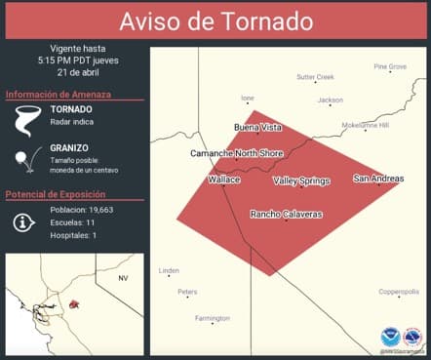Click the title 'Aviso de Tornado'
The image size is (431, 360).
click(x=215, y=21)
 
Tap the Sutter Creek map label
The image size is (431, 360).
click(x=315, y=76)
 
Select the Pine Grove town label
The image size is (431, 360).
click(x=390, y=66)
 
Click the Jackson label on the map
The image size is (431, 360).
click(x=330, y=100)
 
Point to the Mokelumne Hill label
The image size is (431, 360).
click(x=365, y=125)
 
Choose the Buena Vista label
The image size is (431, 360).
click(x=258, y=128)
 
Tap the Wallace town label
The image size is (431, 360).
click(x=223, y=180)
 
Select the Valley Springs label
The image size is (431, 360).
click(x=301, y=180)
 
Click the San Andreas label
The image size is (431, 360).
click(x=378, y=179)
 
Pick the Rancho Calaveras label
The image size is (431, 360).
click(x=286, y=214)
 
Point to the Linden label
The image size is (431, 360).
click(x=169, y=270)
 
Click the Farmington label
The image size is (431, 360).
click(x=213, y=318)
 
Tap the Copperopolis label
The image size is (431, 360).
click(x=399, y=292)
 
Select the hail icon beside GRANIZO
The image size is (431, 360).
click(x=21, y=159)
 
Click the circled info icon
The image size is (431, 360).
click(x=24, y=221)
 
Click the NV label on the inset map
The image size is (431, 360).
click(x=123, y=279)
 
